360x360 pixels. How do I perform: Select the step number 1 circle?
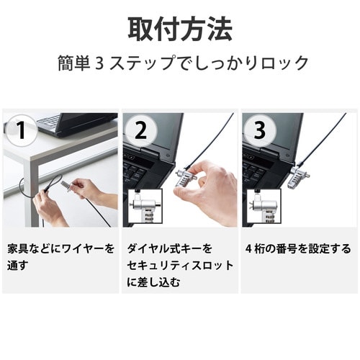pyautogui.click(x=22, y=132)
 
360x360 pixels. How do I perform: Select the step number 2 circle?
pyautogui.click(x=141, y=132)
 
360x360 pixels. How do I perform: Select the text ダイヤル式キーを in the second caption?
pyautogui.click(x=170, y=249)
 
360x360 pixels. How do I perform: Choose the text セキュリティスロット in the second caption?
pyautogui.click(x=180, y=266)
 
